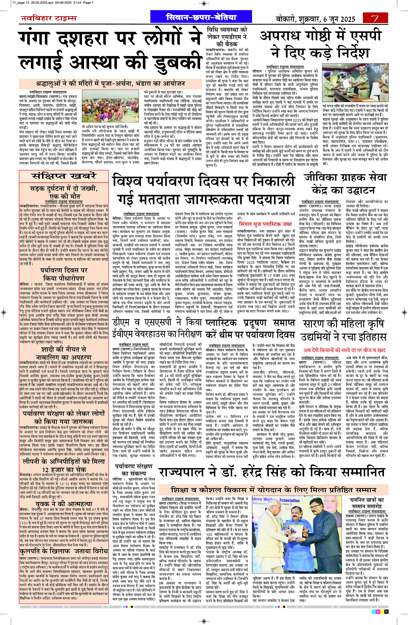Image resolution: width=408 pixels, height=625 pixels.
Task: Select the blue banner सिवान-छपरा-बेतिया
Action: point(201,18)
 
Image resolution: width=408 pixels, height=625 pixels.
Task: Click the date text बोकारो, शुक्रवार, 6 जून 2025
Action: point(315,19)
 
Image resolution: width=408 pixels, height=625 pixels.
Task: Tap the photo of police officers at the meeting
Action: point(355,87)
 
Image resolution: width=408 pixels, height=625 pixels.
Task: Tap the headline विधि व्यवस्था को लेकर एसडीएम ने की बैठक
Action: point(227,36)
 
